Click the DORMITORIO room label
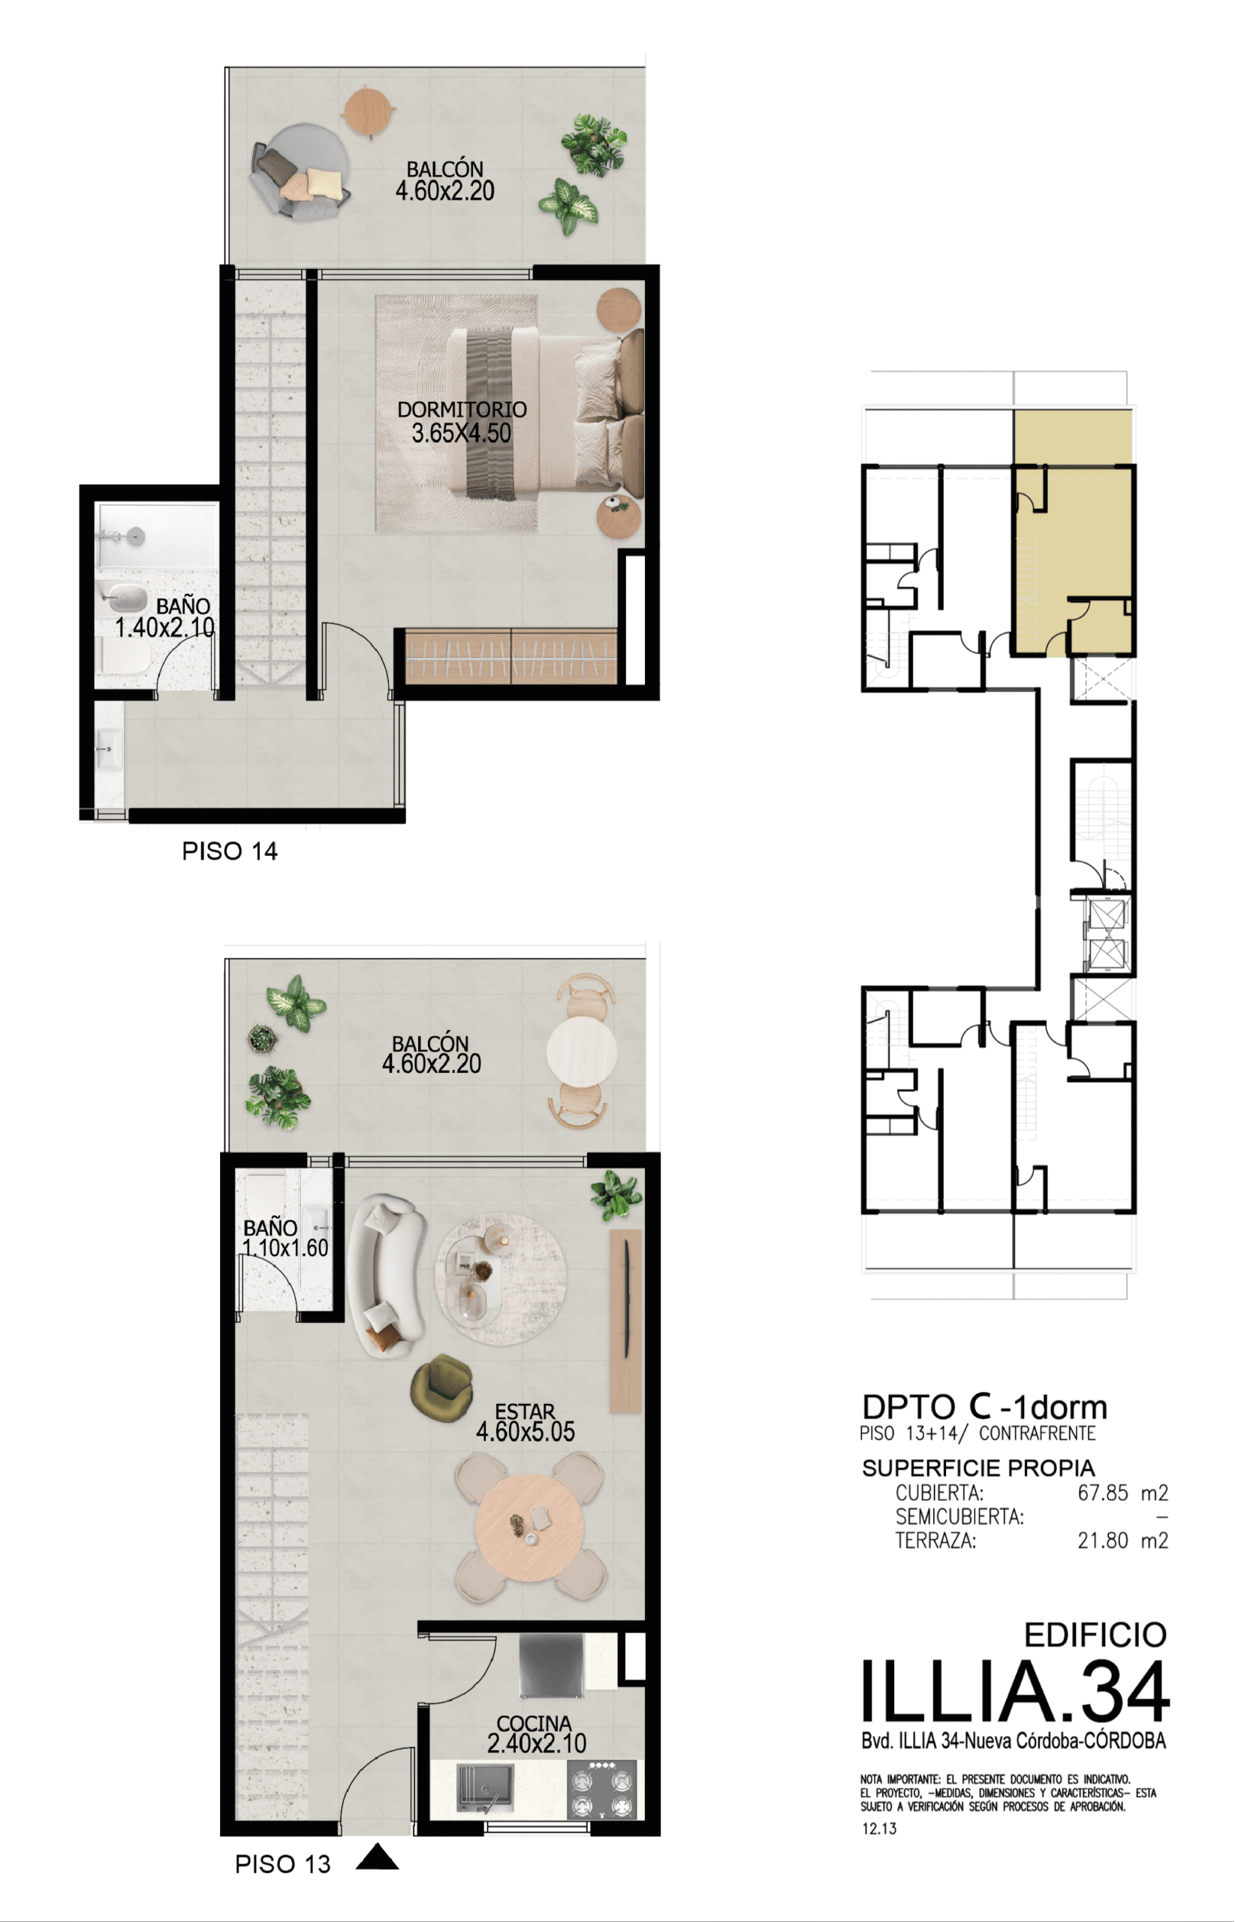(462, 409)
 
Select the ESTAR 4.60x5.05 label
(526, 1423)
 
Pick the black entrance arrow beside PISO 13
(377, 1856)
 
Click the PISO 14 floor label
(230, 851)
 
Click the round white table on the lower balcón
(581, 1051)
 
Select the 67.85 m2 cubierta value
(1122, 1493)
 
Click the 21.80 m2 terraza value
(1122, 1541)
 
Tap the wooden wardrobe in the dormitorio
(511, 657)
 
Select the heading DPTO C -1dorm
(985, 1407)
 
